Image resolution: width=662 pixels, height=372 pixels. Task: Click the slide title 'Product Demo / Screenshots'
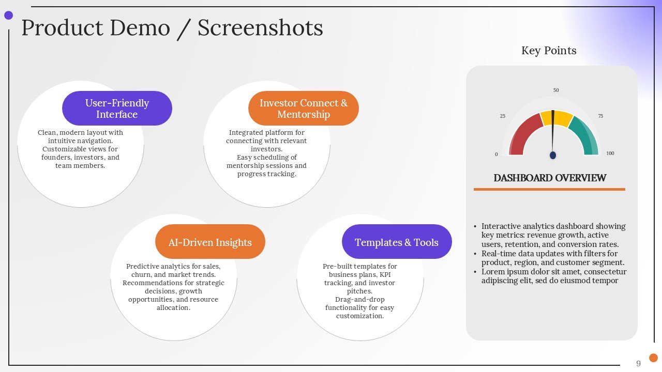pos(172,27)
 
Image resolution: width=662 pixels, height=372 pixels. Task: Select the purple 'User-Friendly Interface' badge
pos(117,109)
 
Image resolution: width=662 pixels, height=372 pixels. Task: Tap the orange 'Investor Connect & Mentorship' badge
pos(304,109)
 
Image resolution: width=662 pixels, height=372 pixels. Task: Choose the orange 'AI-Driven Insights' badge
pos(210,242)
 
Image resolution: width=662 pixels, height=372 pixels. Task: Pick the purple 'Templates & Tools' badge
pos(397,242)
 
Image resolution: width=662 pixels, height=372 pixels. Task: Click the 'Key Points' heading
pos(549,51)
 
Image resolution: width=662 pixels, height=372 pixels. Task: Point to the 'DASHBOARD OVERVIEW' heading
pos(550,178)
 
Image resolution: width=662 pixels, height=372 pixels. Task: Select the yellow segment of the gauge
pos(556,118)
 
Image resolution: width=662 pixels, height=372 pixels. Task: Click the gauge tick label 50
pos(556,90)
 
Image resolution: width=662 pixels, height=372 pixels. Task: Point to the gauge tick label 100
pos(610,153)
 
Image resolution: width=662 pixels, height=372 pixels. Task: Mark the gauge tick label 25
pos(503,116)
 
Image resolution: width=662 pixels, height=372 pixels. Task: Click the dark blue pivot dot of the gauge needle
pos(553,155)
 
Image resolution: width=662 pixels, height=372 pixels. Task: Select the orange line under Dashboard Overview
pos(549,190)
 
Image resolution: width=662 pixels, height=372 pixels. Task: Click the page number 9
pos(638,363)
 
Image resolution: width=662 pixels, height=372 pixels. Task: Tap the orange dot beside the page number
pos(653,358)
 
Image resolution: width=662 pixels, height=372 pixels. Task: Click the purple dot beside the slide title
pos(9,16)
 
